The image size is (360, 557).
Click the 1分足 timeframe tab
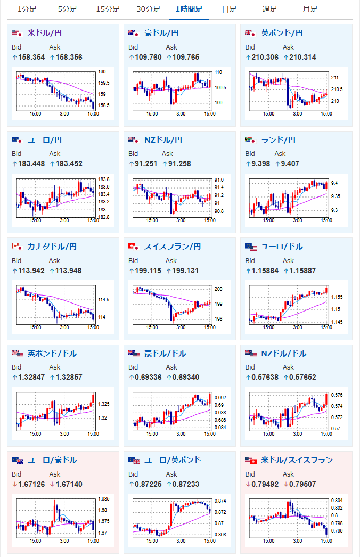pos(27,9)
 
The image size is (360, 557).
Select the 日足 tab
pos(229,9)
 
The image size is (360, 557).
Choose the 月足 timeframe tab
pos(310,9)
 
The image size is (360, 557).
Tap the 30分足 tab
pos(148,9)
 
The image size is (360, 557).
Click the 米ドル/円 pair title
pos(44,33)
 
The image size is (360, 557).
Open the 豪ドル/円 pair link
pos(161,33)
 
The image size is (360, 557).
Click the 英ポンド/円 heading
pos(282,33)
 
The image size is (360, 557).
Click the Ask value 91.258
pos(179,163)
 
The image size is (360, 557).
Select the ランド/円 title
pos(278,140)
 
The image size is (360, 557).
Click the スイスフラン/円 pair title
pos(173,247)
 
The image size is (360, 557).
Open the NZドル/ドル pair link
pos(284,354)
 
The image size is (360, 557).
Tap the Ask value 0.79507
pos(301,484)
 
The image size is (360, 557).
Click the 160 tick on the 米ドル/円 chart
pos(102,72)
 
